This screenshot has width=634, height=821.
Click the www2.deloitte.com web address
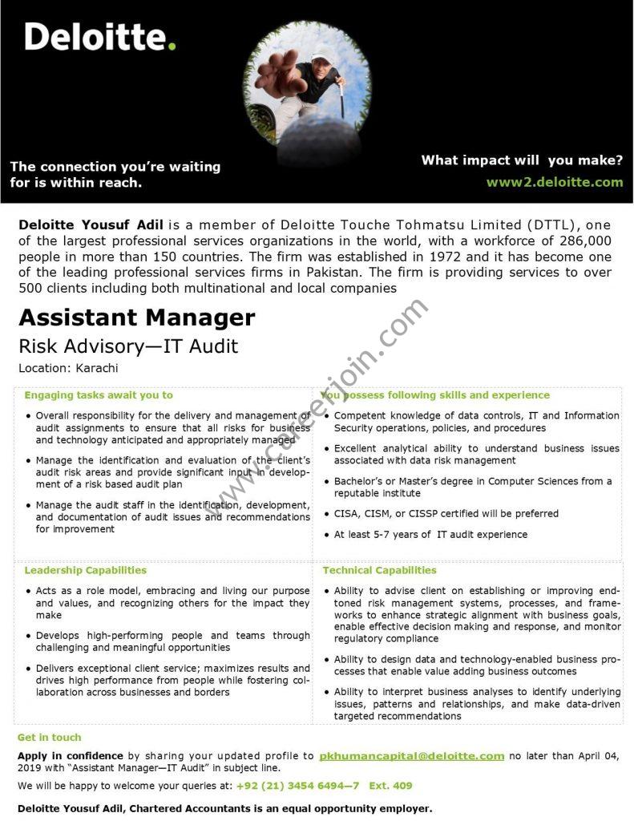[x=554, y=182]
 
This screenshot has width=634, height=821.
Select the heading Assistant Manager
[x=136, y=317]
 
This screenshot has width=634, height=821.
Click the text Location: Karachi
[x=68, y=368]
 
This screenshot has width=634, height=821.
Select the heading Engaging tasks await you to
[x=99, y=395]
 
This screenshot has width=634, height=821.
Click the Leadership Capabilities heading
[x=85, y=570]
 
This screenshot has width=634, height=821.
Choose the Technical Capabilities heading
[x=379, y=570]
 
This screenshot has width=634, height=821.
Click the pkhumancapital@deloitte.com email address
[x=411, y=755]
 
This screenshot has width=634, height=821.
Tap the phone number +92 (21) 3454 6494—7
[x=297, y=786]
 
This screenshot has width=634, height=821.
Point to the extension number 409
[x=403, y=786]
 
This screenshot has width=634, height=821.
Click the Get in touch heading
[x=49, y=737]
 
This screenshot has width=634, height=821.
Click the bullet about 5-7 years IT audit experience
[x=430, y=534]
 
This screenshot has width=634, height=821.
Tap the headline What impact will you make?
[x=522, y=160]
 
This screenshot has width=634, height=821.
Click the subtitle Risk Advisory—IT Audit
[x=128, y=346]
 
